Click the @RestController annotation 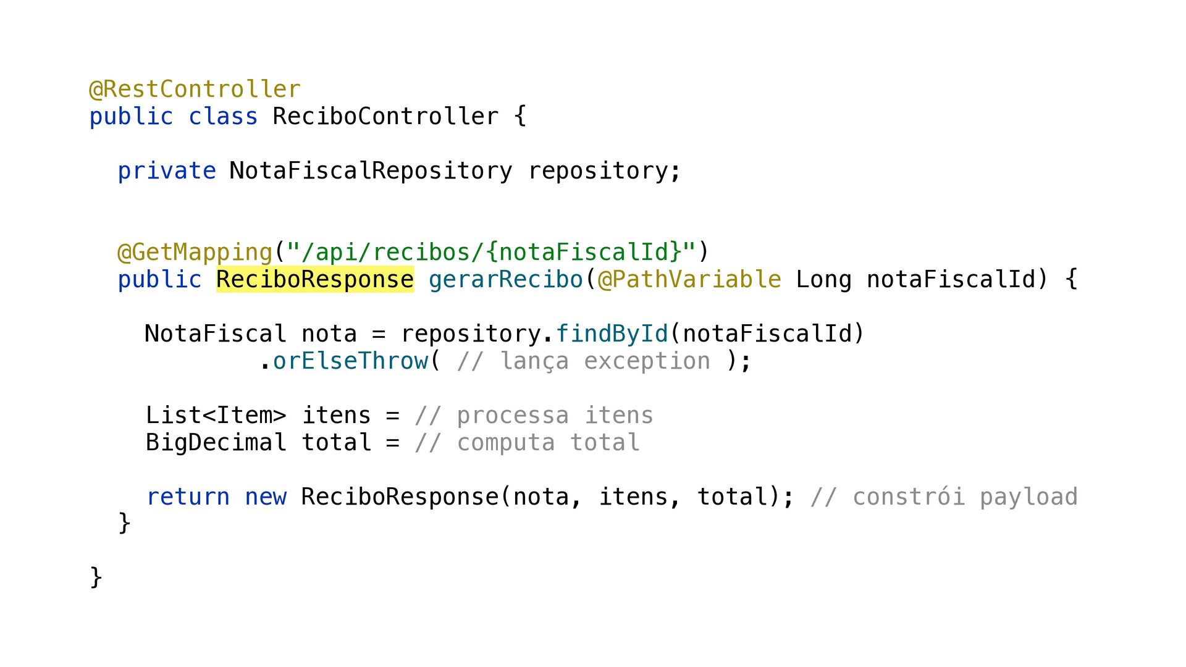click(195, 90)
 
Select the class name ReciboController click(385, 117)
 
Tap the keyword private click(167, 171)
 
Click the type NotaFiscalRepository click(371, 171)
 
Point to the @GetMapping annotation click(195, 253)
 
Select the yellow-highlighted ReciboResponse click(315, 280)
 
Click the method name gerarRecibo click(506, 280)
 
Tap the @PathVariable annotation click(689, 280)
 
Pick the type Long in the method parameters click(823, 280)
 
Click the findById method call click(612, 334)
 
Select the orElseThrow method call click(350, 361)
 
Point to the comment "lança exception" click(584, 361)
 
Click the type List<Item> click(216, 416)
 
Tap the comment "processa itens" click(534, 416)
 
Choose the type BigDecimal click(216, 443)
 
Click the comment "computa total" click(527, 443)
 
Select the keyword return click(188, 497)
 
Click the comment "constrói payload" click(944, 497)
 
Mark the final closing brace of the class click(96, 577)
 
